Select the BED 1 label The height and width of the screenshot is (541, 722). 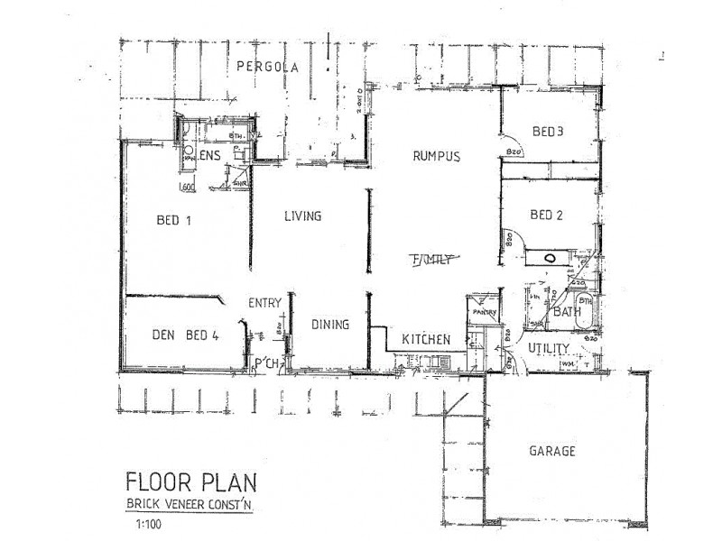[x=177, y=219]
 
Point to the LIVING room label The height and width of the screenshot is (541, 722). [x=303, y=216]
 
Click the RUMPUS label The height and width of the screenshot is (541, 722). [x=437, y=156]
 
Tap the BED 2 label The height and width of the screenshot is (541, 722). [x=547, y=215]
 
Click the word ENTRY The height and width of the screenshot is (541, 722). [x=265, y=303]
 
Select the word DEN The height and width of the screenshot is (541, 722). [x=162, y=336]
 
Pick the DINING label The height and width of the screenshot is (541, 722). [x=329, y=326]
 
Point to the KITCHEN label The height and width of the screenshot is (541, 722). [x=426, y=339]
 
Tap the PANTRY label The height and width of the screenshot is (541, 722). [x=486, y=313]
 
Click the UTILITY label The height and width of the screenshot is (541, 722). [x=548, y=348]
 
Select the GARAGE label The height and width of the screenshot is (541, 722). [x=552, y=452]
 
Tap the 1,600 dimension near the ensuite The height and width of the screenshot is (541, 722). [x=188, y=188]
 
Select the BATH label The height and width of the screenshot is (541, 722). [x=567, y=312]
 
